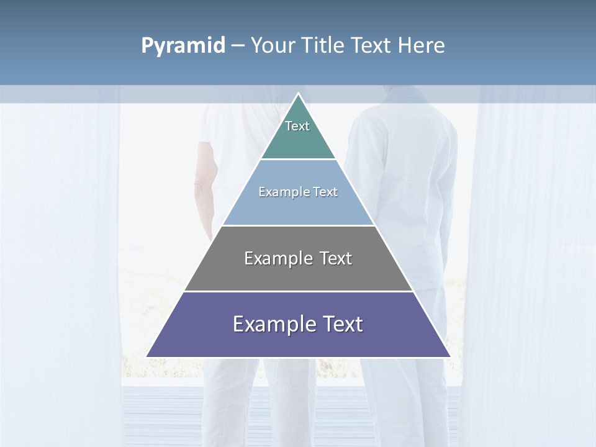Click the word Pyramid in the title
pyautogui.click(x=183, y=46)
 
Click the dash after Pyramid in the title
pyautogui.click(x=238, y=46)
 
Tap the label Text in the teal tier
pyautogui.click(x=297, y=126)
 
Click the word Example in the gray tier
pyautogui.click(x=278, y=258)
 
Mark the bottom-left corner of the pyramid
pyautogui.click(x=147, y=356)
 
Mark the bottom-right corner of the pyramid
pyautogui.click(x=449, y=356)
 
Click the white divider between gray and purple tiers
pyautogui.click(x=298, y=291)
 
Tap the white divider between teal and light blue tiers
pyautogui.click(x=298, y=159)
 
